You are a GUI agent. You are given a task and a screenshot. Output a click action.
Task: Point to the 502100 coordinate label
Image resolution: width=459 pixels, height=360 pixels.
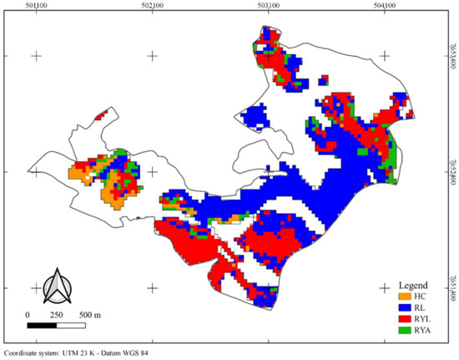[x=153, y=5]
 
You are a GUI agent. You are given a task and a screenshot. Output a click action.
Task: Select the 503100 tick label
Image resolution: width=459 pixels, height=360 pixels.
[x=269, y=5]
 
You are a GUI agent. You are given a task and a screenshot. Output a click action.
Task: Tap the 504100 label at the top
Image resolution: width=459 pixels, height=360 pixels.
[x=385, y=5]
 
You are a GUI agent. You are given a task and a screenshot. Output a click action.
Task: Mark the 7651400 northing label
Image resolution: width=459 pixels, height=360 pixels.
[x=454, y=288]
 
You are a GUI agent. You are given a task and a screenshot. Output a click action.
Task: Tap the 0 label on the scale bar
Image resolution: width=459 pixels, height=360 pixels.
[x=28, y=314]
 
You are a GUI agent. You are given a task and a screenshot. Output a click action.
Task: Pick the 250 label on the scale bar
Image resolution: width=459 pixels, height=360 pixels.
[x=56, y=314]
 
